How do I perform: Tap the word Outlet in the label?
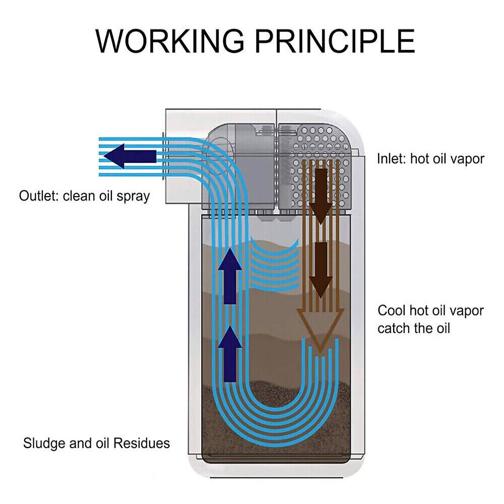coord(39,196)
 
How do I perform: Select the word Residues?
coord(141,444)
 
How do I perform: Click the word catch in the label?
coord(394,329)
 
